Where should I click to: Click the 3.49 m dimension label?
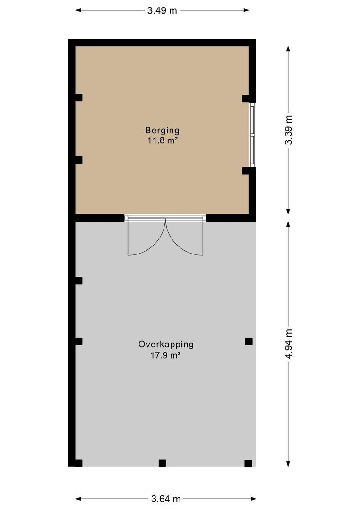click(162, 10)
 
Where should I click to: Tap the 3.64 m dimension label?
click(166, 499)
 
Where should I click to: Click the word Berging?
click(162, 130)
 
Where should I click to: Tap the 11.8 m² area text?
click(162, 140)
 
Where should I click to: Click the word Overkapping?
click(166, 344)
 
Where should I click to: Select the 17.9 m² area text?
click(166, 356)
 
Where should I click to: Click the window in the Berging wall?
click(253, 135)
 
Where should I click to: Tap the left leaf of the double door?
click(147, 237)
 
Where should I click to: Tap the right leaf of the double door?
click(185, 237)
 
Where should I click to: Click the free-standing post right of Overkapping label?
click(248, 341)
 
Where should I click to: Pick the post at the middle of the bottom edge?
click(162, 463)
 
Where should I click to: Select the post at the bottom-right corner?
click(248, 463)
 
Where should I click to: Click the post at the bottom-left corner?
click(79, 463)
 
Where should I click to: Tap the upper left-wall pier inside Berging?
click(79, 98)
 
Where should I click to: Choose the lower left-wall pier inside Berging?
click(79, 160)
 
